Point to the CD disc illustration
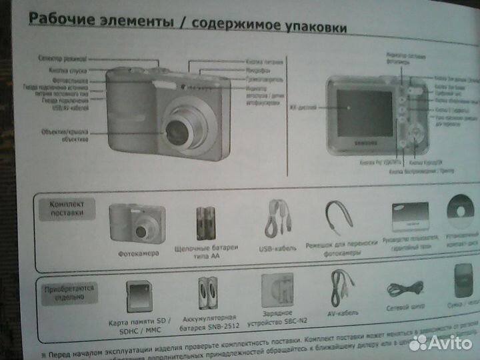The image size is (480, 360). pyautogui.click(x=461, y=214)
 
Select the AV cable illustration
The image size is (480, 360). pyautogui.click(x=341, y=287)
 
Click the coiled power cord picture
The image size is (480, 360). pyautogui.click(x=403, y=289)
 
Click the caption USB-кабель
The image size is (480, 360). pyautogui.click(x=275, y=249)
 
